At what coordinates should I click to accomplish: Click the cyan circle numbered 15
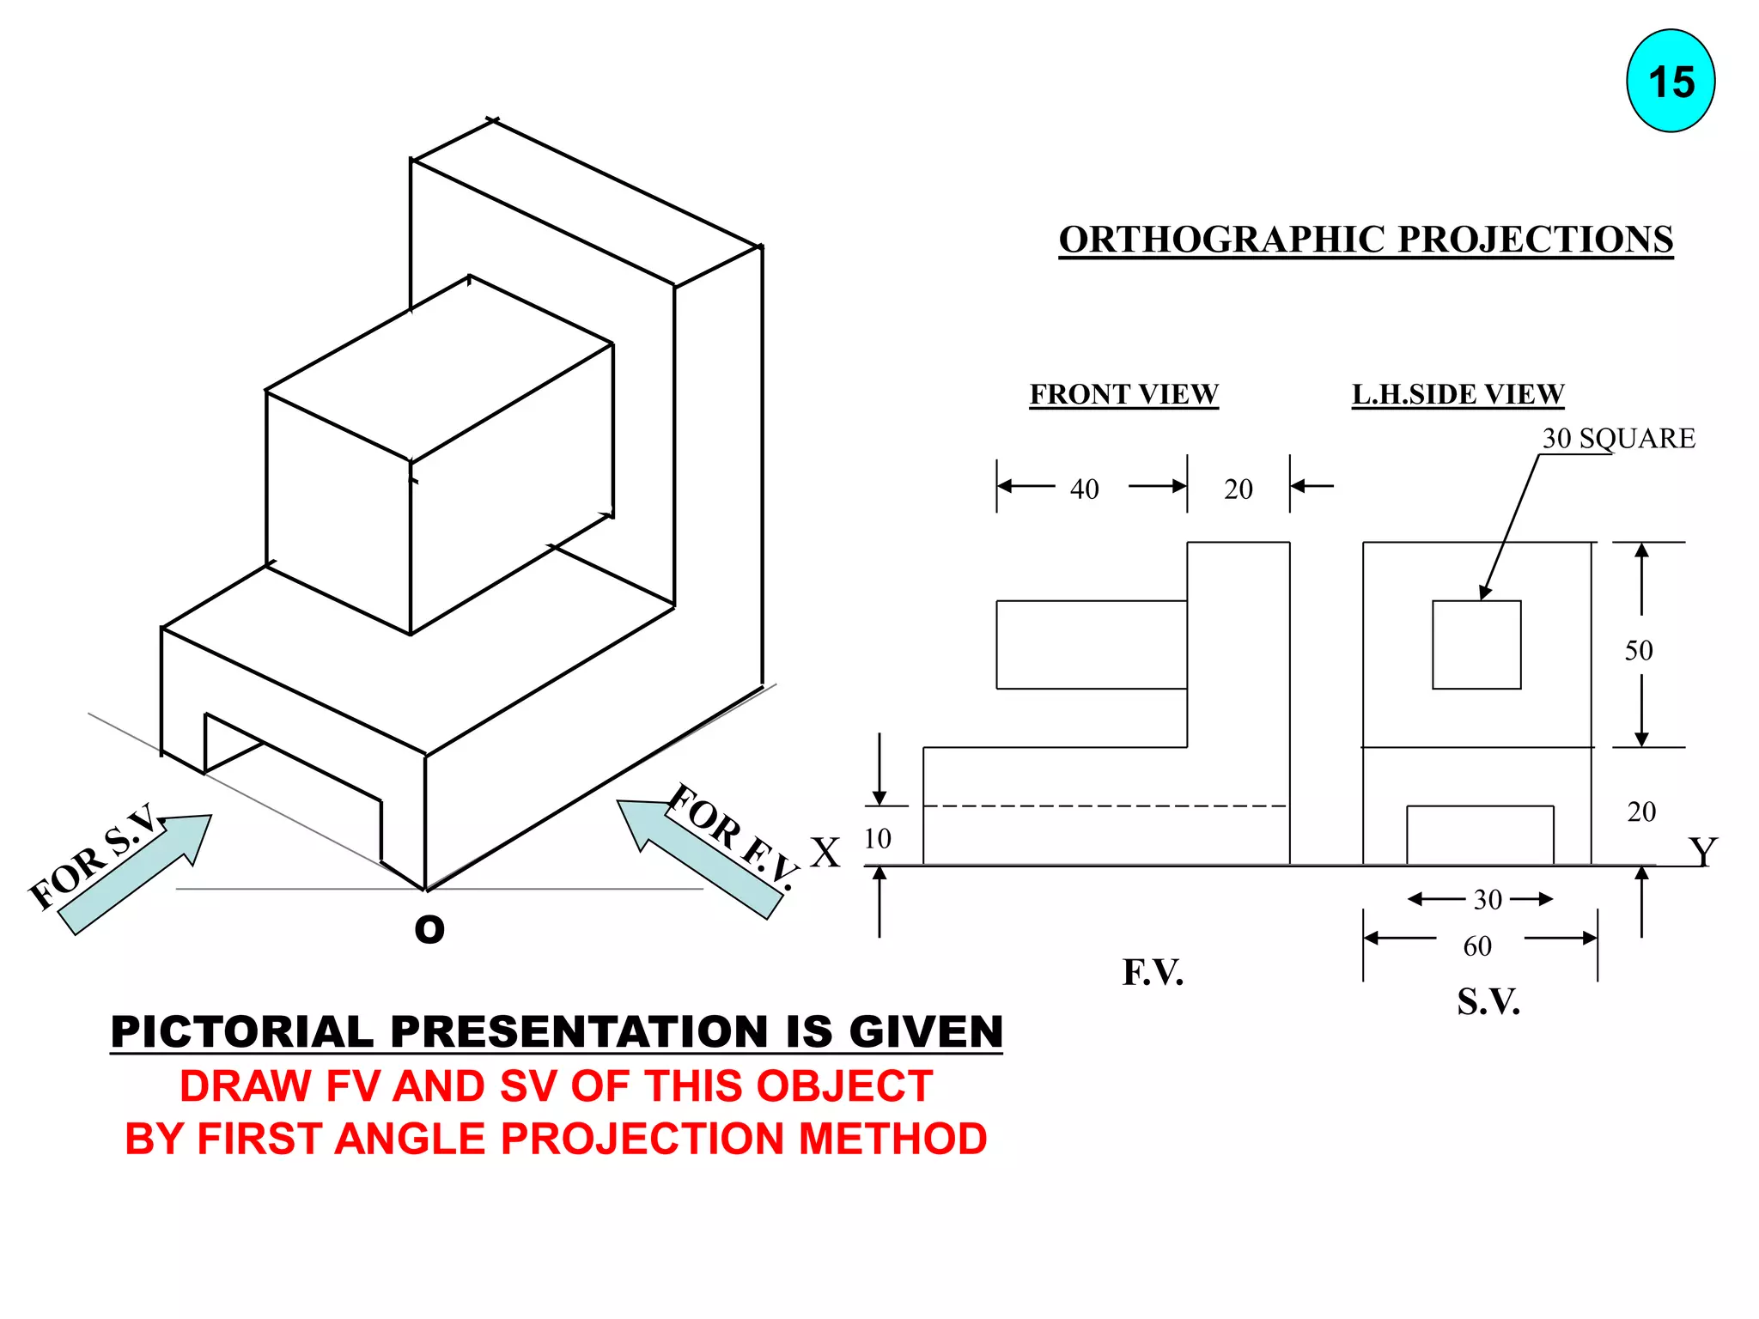point(1670,82)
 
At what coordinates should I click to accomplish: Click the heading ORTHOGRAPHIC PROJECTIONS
point(1365,239)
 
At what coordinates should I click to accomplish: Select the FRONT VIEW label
point(1123,394)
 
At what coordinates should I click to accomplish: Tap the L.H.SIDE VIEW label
point(1458,394)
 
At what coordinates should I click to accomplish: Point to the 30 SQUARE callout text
point(1618,439)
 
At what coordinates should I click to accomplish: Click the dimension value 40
point(1084,489)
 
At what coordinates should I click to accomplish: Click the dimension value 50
point(1638,651)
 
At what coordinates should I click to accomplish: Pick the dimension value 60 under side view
point(1477,946)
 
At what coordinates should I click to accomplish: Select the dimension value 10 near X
point(877,838)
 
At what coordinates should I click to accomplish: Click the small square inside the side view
point(1476,644)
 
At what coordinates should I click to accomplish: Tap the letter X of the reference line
point(825,853)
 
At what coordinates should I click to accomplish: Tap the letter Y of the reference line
point(1702,852)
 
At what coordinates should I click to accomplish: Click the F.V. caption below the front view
point(1153,973)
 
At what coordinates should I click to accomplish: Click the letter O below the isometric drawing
point(429,929)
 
